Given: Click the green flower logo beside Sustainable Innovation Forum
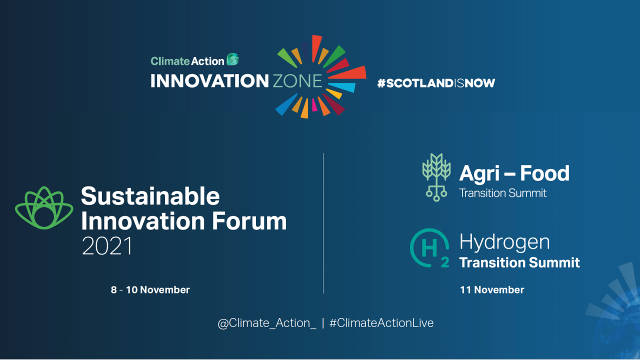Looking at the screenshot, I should point(44,208).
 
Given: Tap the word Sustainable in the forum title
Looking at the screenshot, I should point(150,196).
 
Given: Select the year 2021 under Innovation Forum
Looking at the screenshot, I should point(107,246).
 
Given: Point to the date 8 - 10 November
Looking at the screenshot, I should point(150,290).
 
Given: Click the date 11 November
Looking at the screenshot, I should point(492,290).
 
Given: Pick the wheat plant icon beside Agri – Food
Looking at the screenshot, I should point(436,177).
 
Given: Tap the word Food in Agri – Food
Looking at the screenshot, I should point(544,173).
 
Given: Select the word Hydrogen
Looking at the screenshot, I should point(504,242).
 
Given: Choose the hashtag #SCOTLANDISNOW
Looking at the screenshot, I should point(436,83).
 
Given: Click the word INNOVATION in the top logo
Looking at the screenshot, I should point(209,81).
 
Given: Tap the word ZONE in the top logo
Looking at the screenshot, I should point(297,81).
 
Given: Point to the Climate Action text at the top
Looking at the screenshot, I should point(187,61).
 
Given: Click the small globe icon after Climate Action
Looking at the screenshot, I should point(232,59).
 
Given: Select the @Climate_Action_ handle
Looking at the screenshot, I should point(267,323).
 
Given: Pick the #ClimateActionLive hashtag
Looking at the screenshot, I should point(381,323).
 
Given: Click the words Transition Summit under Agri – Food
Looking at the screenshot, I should point(503,193).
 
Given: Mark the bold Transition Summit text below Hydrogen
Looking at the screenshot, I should point(519,262).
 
